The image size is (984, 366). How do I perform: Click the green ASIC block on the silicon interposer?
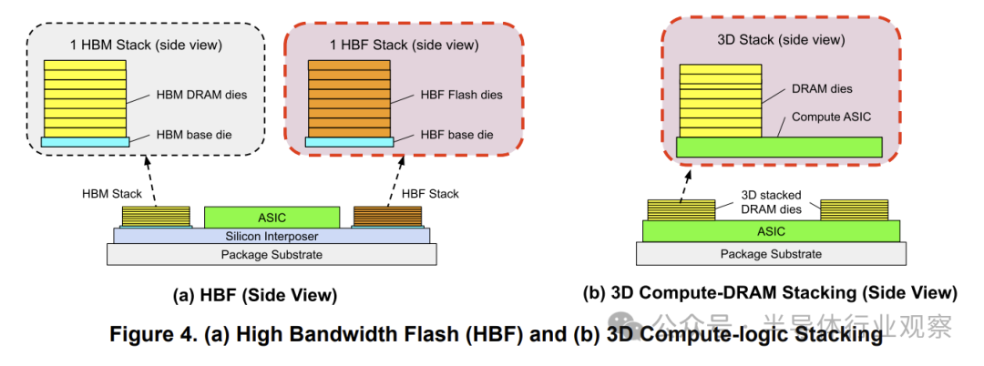(x=272, y=217)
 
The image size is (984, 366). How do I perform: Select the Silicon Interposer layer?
(x=272, y=237)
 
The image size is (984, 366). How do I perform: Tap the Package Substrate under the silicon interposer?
(x=272, y=255)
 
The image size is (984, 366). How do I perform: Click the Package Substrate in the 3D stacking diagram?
(x=771, y=254)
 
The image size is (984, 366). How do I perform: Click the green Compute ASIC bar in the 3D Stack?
(x=779, y=147)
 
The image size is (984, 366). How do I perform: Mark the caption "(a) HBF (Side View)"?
(x=255, y=294)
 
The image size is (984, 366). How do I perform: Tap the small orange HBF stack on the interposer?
(x=387, y=217)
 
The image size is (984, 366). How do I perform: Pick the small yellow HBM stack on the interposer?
(x=157, y=217)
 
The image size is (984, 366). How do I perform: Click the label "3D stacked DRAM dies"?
(x=770, y=201)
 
